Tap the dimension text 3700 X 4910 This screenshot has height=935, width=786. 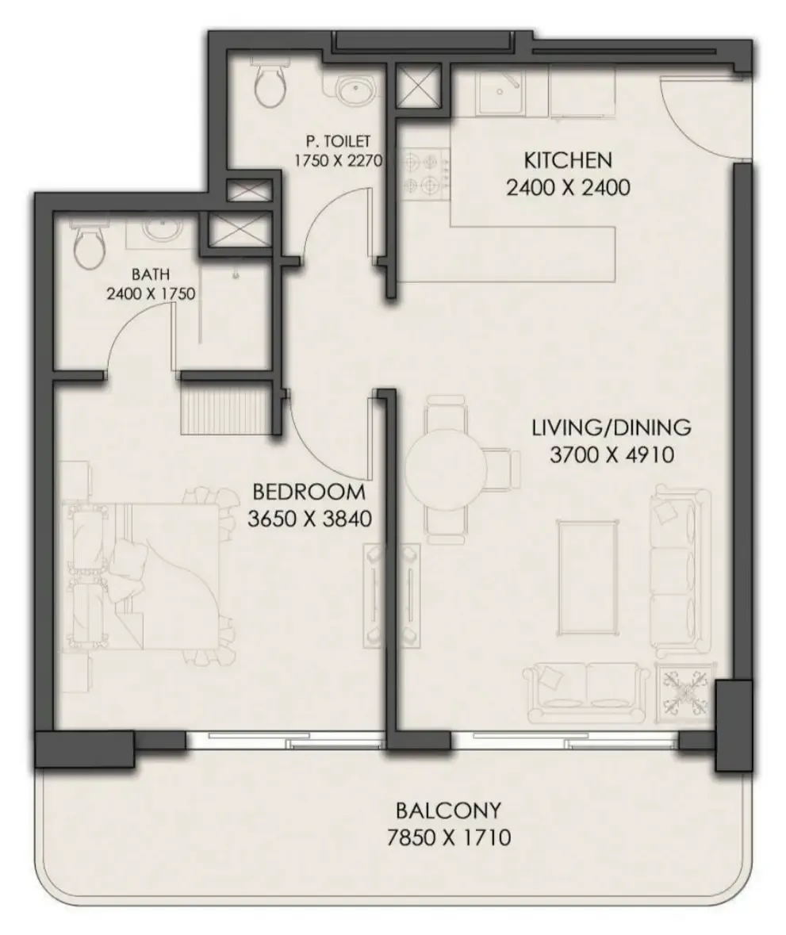tap(612, 455)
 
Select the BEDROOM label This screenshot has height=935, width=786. tap(309, 492)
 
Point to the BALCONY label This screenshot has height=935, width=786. tap(448, 811)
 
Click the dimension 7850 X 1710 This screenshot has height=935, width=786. tap(448, 837)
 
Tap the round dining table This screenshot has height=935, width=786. tap(444, 469)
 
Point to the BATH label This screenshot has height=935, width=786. tap(150, 274)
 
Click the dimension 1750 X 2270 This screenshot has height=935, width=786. tap(338, 161)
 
